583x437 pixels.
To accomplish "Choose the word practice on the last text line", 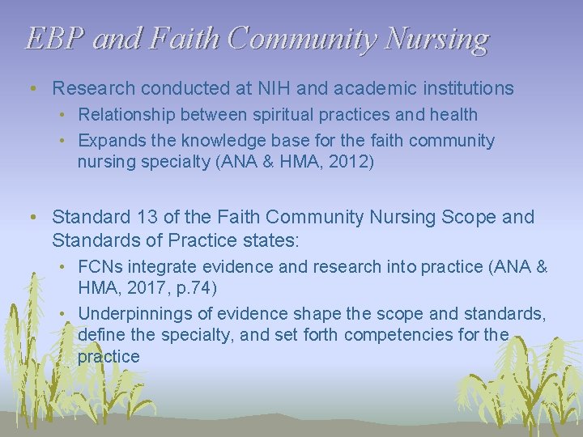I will pos(109,357).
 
